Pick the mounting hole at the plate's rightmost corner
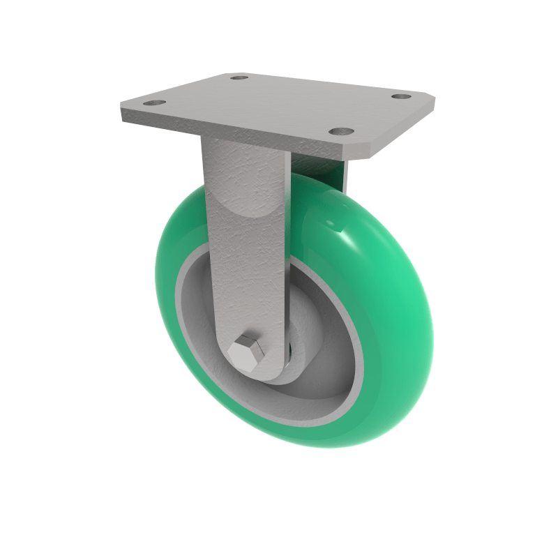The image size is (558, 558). pyautogui.click(x=400, y=96)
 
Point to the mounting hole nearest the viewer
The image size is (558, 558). pyautogui.click(x=340, y=130)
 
